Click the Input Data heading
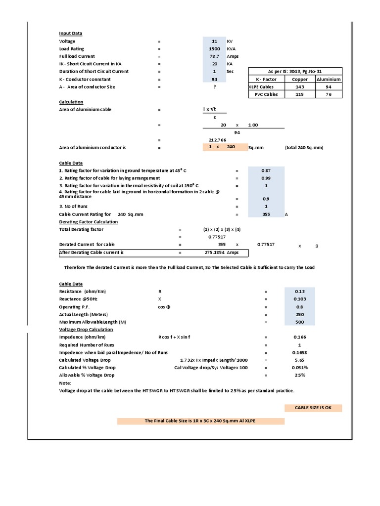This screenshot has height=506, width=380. (71, 34)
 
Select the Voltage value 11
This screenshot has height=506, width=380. (214, 42)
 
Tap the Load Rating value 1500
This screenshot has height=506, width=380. (214, 49)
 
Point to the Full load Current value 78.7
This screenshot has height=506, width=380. (214, 56)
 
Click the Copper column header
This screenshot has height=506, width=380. (300, 79)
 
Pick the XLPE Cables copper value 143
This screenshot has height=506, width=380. (300, 86)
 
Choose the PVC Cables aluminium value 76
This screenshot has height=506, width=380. (329, 94)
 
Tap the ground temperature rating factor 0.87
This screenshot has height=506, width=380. (266, 170)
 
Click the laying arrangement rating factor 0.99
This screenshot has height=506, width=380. (266, 178)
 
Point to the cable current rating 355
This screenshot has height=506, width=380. (266, 214)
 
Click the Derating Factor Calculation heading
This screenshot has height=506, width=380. (89, 222)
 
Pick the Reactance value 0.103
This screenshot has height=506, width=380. (300, 299)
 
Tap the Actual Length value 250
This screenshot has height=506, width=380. (300, 314)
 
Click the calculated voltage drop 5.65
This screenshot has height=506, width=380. (300, 360)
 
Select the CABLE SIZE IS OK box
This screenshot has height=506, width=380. (313, 408)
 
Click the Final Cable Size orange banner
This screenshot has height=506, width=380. (200, 421)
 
